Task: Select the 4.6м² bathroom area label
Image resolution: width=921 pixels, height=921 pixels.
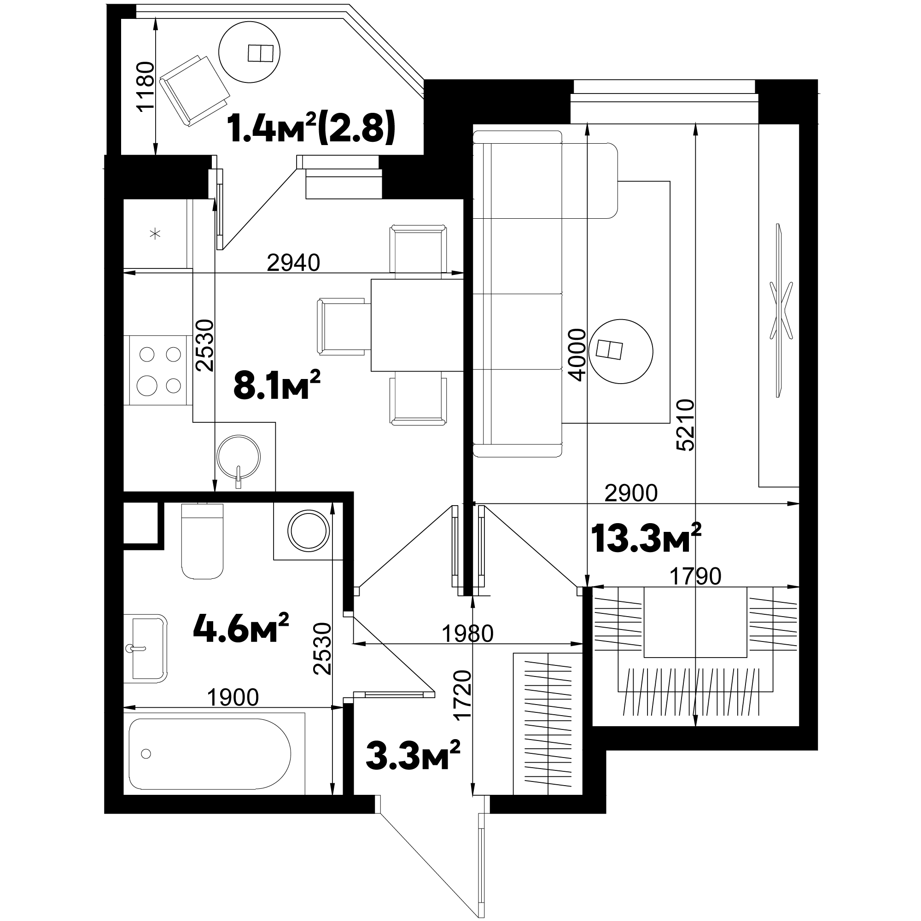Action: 241,627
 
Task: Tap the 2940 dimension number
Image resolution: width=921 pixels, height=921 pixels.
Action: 293,262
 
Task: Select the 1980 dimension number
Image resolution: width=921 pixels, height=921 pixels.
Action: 467,634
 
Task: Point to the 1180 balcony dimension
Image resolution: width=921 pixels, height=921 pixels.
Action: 146,86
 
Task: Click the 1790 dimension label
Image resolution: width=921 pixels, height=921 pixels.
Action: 695,577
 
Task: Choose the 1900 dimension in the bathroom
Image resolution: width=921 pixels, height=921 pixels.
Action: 233,697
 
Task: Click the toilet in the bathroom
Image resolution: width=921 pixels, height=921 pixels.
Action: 203,541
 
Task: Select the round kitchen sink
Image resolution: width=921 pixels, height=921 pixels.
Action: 239,456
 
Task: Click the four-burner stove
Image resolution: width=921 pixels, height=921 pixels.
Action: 159,370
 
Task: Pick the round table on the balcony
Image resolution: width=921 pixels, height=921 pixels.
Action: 249,52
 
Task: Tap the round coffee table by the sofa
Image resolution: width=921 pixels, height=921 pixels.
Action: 621,351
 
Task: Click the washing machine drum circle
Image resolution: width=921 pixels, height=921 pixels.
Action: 309,530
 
